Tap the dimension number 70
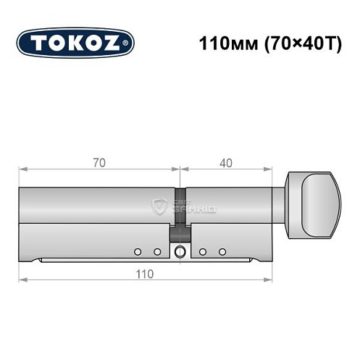[99, 163]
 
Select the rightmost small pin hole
[222, 251]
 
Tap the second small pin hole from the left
[156, 251]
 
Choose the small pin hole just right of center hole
[204, 251]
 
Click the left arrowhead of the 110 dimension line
[22, 279]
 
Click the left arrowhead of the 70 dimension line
[22, 169]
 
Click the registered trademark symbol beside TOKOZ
[128, 43]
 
